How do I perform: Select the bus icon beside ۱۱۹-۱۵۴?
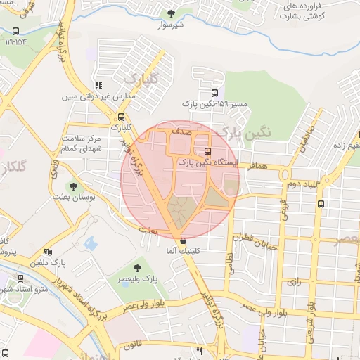point(16,31)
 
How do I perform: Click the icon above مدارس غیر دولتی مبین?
point(98,85)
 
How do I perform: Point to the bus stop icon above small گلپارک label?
point(122,117)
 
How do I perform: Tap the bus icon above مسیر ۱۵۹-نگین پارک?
point(214,92)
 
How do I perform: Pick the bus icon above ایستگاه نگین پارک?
point(207,151)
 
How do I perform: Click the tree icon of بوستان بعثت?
point(73,186)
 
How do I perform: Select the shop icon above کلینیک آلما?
point(184,240)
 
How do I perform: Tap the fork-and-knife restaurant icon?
point(200,350)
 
